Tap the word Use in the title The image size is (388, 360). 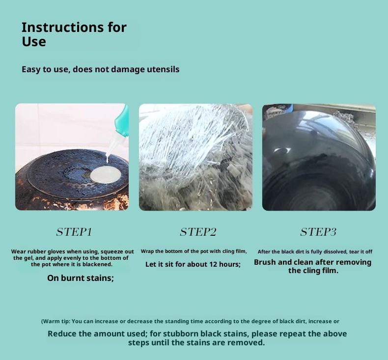(x=34, y=42)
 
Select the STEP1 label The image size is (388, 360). (x=74, y=232)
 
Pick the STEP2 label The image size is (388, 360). (x=198, y=232)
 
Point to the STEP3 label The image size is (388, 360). (x=318, y=232)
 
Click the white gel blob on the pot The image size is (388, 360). (x=106, y=175)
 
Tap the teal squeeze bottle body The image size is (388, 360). (x=122, y=121)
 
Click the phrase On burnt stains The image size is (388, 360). (x=81, y=278)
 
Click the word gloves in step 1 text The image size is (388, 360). (x=56, y=251)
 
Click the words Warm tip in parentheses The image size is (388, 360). (x=56, y=321)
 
